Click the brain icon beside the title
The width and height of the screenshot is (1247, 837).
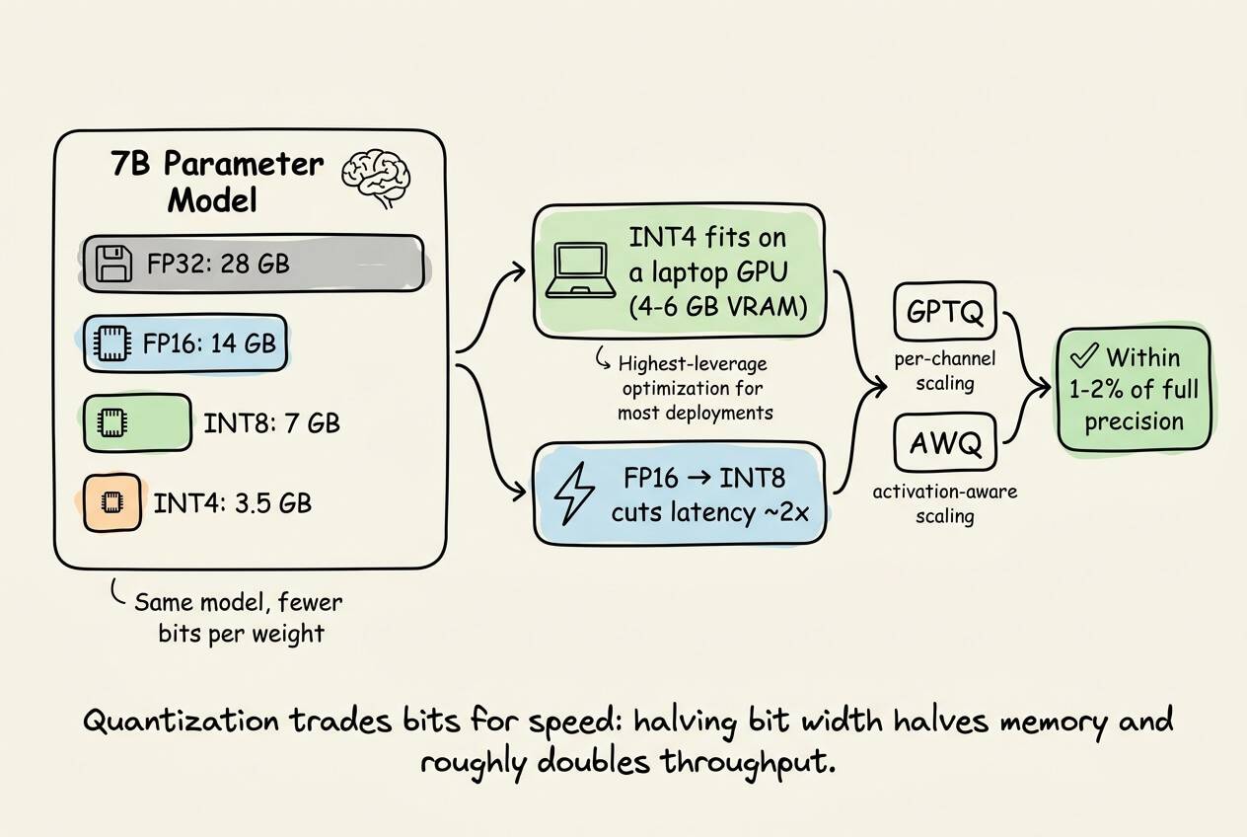(376, 178)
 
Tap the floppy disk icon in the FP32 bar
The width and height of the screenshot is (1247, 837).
(114, 264)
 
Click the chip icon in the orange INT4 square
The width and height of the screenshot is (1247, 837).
(111, 502)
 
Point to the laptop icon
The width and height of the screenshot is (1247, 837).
(581, 270)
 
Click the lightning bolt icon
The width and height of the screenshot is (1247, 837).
(574, 494)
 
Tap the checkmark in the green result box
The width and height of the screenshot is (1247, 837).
(1084, 355)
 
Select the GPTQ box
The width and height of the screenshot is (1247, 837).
(945, 311)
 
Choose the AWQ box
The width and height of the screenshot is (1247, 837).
(945, 443)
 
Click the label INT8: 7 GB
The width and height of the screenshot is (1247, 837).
(271, 423)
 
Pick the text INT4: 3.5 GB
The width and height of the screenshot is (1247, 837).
(233, 502)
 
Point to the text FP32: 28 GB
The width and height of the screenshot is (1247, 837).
(218, 264)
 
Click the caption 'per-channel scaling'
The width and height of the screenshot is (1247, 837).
(945, 371)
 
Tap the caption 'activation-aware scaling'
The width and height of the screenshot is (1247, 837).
(945, 503)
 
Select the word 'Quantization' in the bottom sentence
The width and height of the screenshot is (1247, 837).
(181, 722)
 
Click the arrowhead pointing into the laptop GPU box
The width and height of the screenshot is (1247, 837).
(518, 271)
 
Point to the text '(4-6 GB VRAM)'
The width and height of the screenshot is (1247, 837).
(718, 307)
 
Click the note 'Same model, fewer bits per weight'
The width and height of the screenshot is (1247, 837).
(239, 618)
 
